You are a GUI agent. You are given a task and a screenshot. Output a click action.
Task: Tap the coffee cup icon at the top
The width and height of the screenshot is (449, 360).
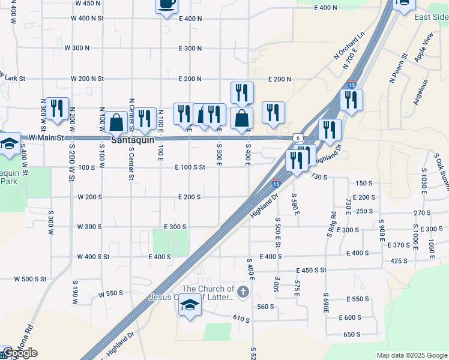click(x=166, y=4)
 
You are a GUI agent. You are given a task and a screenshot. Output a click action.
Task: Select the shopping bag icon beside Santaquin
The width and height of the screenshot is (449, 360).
click(x=115, y=122)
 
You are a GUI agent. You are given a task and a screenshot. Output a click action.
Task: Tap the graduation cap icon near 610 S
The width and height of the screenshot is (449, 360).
click(x=190, y=305)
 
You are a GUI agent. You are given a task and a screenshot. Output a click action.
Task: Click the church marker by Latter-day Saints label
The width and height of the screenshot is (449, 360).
click(x=243, y=293)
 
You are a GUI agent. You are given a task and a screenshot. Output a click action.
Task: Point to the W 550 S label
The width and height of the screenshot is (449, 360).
click(x=110, y=293)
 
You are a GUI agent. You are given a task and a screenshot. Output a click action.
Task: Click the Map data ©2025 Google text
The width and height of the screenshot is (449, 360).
click(x=411, y=355)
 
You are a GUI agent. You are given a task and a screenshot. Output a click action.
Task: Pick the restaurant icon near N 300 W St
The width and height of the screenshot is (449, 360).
click(x=57, y=108)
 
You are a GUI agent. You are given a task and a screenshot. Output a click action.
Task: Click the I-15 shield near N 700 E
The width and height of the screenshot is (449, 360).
click(x=352, y=86)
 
